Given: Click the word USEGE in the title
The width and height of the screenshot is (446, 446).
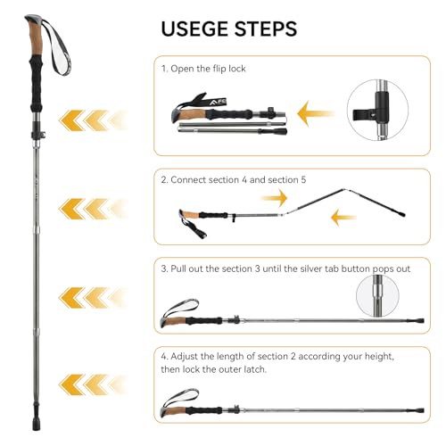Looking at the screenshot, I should pyautogui.click(x=199, y=28).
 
